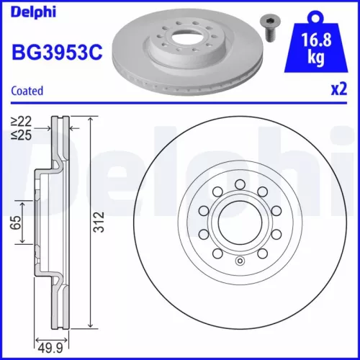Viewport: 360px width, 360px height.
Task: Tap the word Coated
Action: (28, 91)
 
